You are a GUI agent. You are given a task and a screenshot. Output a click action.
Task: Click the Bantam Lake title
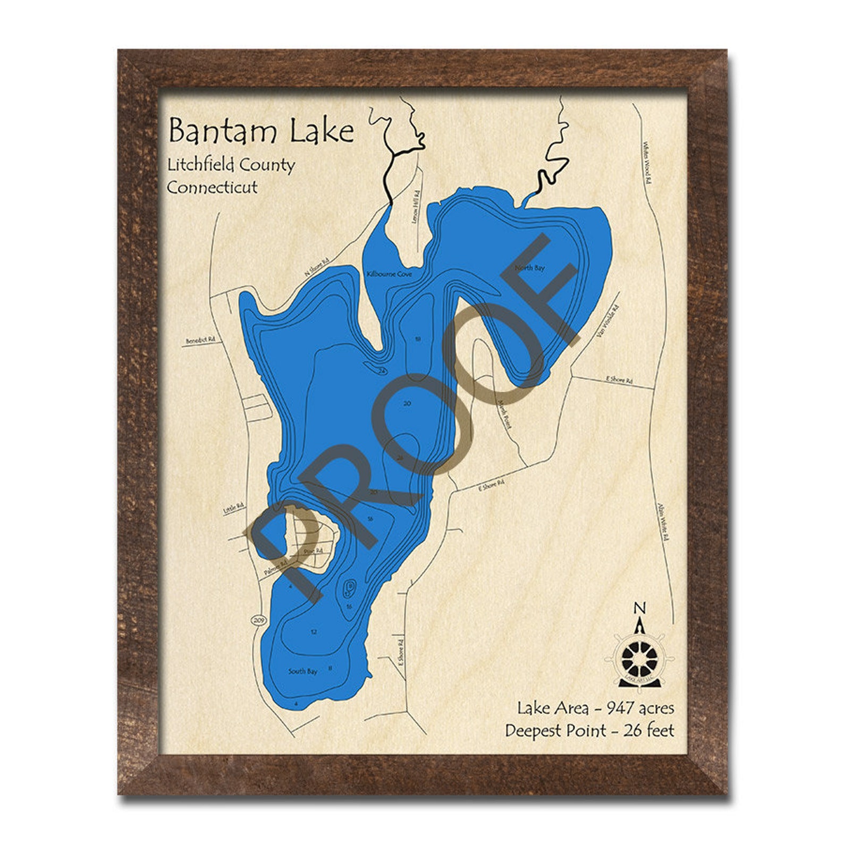click(x=261, y=131)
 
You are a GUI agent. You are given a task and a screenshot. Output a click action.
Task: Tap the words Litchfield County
click(x=231, y=165)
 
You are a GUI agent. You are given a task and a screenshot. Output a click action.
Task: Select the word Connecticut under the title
click(x=212, y=187)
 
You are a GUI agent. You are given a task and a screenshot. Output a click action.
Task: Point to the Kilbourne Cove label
click(x=389, y=274)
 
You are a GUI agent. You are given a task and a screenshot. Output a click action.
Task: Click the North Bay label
click(x=529, y=268)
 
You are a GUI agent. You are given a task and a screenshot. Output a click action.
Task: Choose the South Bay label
click(x=302, y=671)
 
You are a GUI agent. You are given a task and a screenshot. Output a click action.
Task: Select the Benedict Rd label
click(x=200, y=340)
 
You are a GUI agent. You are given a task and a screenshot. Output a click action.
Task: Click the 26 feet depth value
click(x=649, y=730)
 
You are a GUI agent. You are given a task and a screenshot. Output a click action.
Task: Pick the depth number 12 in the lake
click(x=314, y=632)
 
